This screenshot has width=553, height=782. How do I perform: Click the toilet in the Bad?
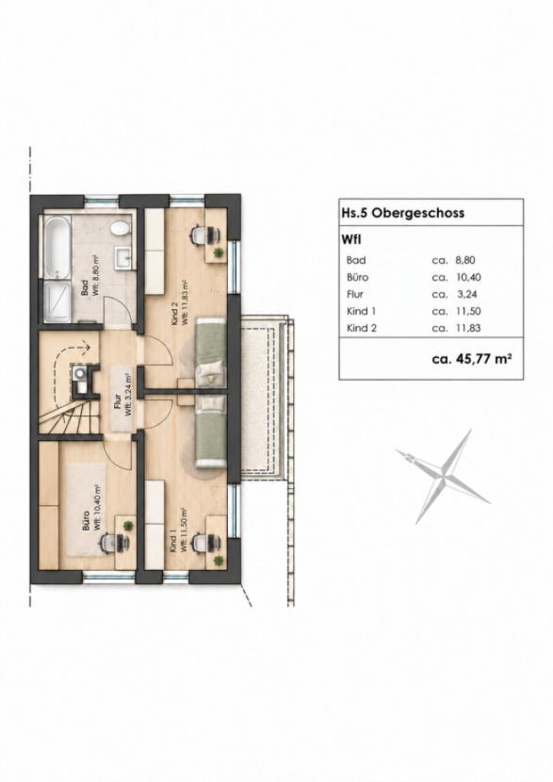tap(120, 229)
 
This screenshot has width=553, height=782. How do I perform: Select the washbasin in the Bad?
tap(124, 257)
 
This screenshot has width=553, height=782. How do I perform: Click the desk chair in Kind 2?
tap(203, 234)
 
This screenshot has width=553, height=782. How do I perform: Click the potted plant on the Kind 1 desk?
tap(218, 562)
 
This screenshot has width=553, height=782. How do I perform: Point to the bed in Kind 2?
tap(210, 351)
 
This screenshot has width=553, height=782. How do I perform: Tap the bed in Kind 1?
tap(210, 431)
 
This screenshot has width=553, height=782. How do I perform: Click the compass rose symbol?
tap(444, 476)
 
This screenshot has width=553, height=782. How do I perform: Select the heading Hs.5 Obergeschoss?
tap(403, 212)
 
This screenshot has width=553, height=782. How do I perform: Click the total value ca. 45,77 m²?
tap(471, 359)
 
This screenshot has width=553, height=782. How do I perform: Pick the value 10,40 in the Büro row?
tap(468, 277)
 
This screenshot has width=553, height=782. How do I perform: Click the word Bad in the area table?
tap(356, 260)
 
